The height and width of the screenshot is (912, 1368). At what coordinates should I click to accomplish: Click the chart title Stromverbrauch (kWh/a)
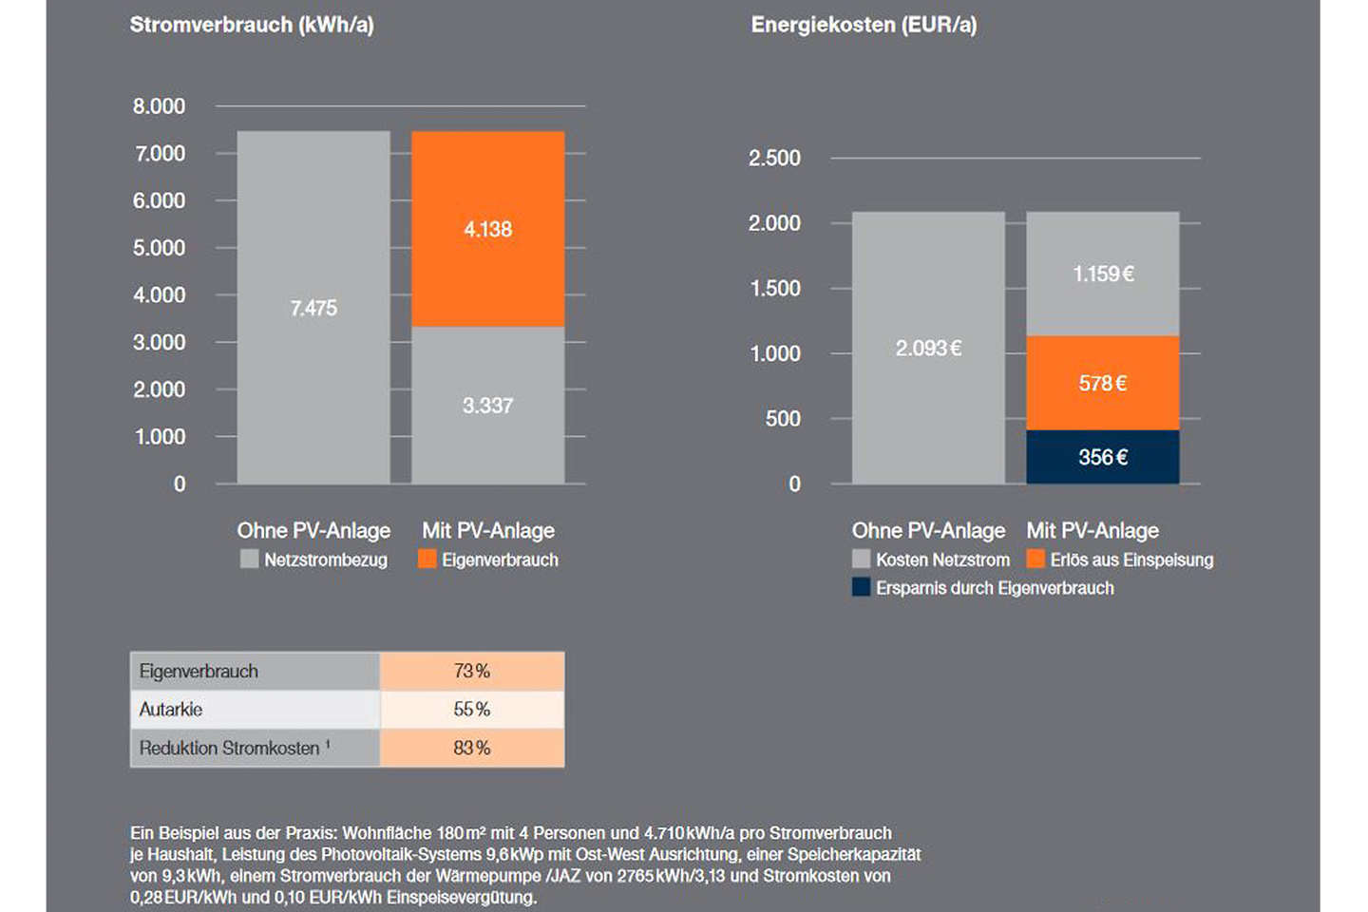coord(252,25)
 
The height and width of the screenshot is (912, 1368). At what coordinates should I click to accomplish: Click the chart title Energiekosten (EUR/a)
coord(864,25)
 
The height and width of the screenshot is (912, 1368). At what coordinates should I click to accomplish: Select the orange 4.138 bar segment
coord(487,229)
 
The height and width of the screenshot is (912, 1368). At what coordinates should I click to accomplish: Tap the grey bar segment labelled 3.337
coord(487,406)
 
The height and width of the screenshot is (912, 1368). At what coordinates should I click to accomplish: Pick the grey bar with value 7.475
coord(313,308)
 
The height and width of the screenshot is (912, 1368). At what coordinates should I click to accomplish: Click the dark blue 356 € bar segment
coord(1102,457)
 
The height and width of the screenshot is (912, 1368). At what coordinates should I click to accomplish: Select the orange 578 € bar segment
coord(1102,383)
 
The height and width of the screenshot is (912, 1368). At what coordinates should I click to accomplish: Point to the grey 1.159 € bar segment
coord(1102,274)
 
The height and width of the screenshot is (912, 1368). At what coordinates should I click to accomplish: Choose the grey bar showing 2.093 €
coord(928,348)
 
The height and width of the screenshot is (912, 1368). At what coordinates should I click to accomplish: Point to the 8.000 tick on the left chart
coord(159,106)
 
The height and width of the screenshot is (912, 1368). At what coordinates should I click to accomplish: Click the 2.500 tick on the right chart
coord(774,158)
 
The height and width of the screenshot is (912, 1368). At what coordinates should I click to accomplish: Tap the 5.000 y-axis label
coord(159,248)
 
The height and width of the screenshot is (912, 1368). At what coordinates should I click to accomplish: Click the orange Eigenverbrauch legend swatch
coord(427,560)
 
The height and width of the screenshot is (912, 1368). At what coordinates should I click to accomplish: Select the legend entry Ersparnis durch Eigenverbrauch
coord(994,588)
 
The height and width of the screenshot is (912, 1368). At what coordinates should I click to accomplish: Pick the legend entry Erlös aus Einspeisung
coord(1130,560)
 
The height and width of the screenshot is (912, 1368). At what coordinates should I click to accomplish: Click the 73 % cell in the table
coord(471,671)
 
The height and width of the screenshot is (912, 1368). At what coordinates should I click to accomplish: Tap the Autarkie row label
coord(171,710)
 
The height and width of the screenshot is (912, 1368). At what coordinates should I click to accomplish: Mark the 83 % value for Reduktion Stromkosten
coord(471,748)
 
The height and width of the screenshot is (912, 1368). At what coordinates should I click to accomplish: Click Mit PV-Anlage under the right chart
coord(1092,530)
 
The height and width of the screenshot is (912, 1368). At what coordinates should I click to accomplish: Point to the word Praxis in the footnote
coord(311,833)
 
